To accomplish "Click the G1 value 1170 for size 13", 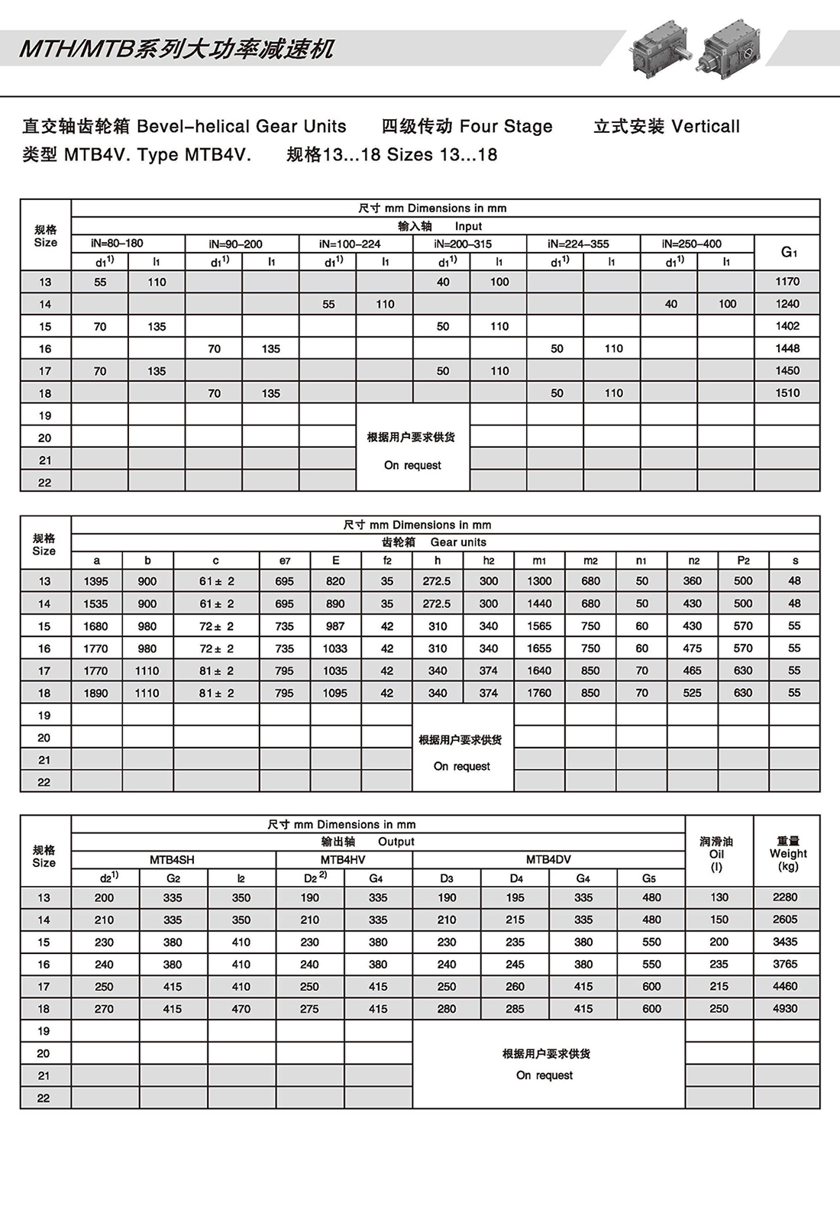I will [787, 282].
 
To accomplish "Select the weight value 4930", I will [785, 1009].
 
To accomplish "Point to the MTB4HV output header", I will [343, 859].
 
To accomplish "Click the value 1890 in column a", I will [96, 693].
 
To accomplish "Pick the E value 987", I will [335, 626].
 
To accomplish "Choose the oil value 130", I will [719, 897].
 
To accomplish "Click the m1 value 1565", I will [539, 626].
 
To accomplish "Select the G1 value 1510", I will [787, 393].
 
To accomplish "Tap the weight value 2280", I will [785, 897].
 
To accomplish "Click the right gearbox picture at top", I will [731, 47].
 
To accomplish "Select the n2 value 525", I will [693, 693].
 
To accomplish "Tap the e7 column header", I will [285, 561].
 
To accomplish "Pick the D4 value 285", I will [515, 1009].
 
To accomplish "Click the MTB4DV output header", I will [548, 859].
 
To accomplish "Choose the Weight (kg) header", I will [788, 853].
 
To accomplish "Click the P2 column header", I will [743, 561].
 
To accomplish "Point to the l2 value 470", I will [241, 1009].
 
